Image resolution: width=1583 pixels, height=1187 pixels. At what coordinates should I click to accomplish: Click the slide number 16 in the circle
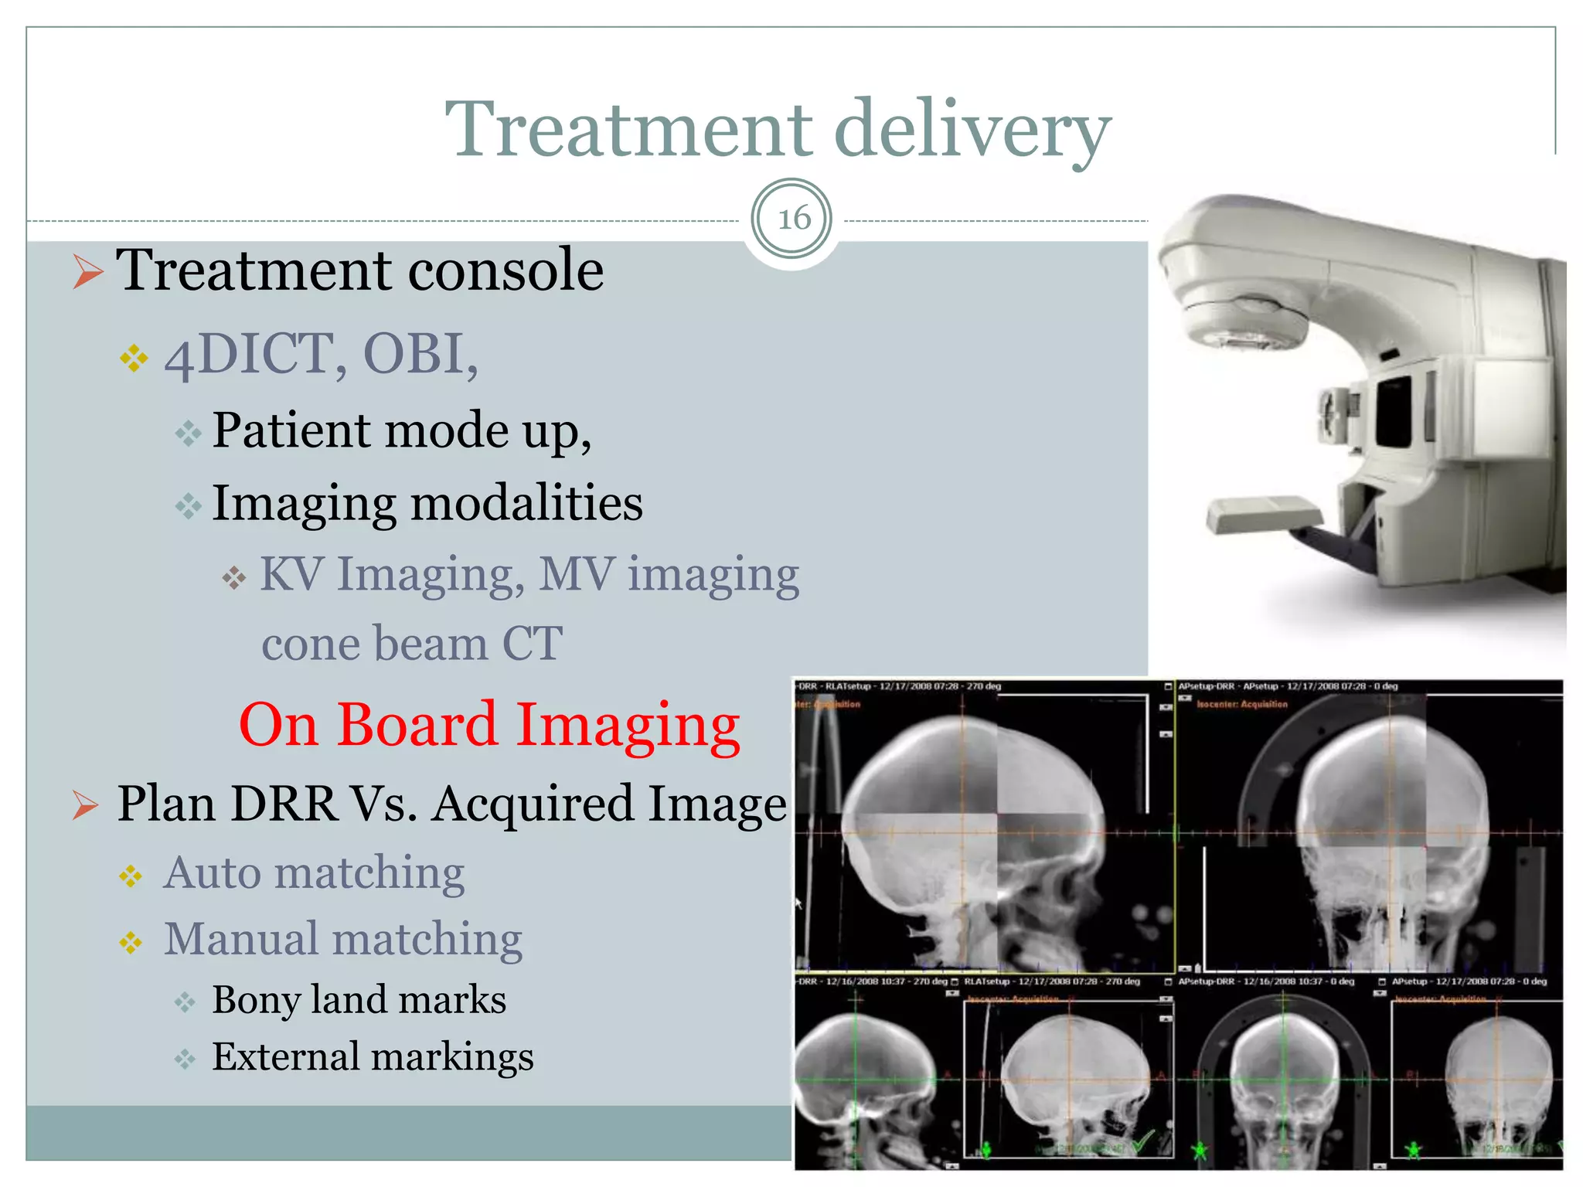[792, 219]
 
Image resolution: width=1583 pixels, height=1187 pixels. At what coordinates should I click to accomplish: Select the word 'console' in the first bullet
[506, 270]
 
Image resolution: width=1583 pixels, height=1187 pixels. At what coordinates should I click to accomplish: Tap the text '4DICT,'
[256, 355]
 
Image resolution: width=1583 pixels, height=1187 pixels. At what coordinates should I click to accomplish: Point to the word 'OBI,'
[420, 355]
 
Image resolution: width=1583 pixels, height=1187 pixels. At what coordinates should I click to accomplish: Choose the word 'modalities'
[526, 503]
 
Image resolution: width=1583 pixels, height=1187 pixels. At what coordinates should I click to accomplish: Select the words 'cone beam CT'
[412, 643]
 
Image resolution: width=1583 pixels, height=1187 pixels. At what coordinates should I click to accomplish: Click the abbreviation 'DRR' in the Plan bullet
[284, 804]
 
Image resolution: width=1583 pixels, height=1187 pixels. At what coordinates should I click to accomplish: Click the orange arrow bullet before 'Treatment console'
[87, 272]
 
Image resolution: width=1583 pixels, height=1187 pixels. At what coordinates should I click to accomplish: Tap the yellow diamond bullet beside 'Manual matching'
[131, 942]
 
